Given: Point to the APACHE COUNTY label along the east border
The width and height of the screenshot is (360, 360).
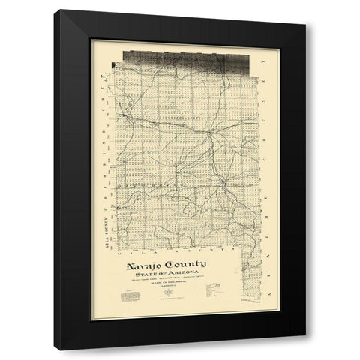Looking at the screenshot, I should (x=262, y=180).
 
